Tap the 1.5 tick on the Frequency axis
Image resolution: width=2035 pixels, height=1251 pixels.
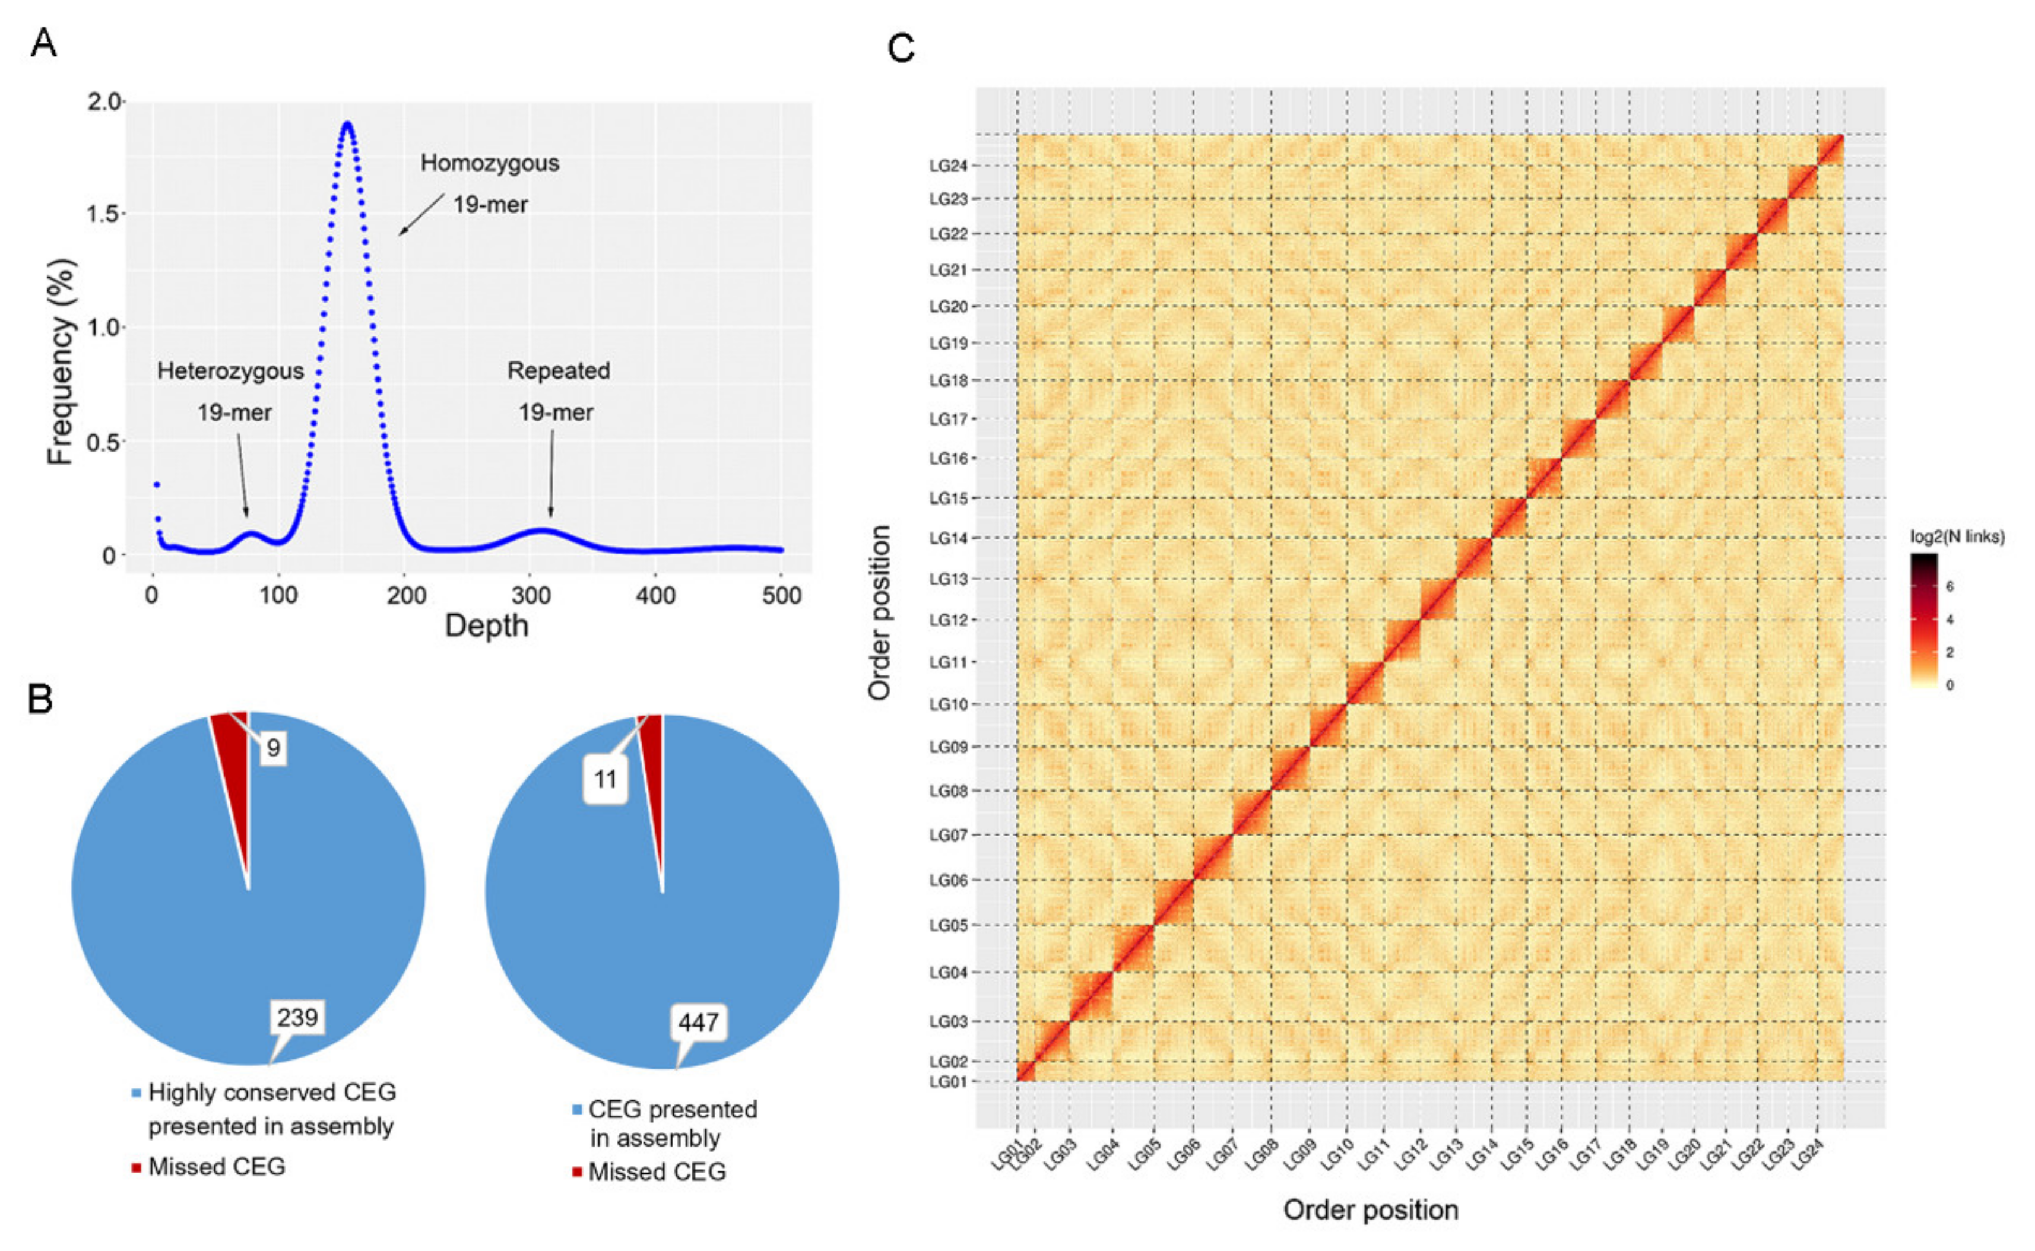pos(104,214)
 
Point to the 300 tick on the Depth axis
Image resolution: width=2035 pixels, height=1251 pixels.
pos(531,595)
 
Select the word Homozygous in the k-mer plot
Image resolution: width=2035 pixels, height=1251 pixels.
pos(489,163)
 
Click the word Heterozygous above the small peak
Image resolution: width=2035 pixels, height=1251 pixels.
pos(230,371)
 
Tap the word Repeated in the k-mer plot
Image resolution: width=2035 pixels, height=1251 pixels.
pos(559,371)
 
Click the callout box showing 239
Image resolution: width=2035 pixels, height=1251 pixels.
pos(297,1017)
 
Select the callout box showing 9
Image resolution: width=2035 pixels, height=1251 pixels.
pos(273,748)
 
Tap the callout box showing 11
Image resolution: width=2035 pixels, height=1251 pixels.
pos(605,779)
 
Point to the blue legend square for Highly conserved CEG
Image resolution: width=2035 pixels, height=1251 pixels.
pos(137,1093)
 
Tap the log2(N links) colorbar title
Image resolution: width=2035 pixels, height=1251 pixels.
pos(1957,537)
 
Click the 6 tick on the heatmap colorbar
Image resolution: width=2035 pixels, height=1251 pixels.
pos(1950,586)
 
